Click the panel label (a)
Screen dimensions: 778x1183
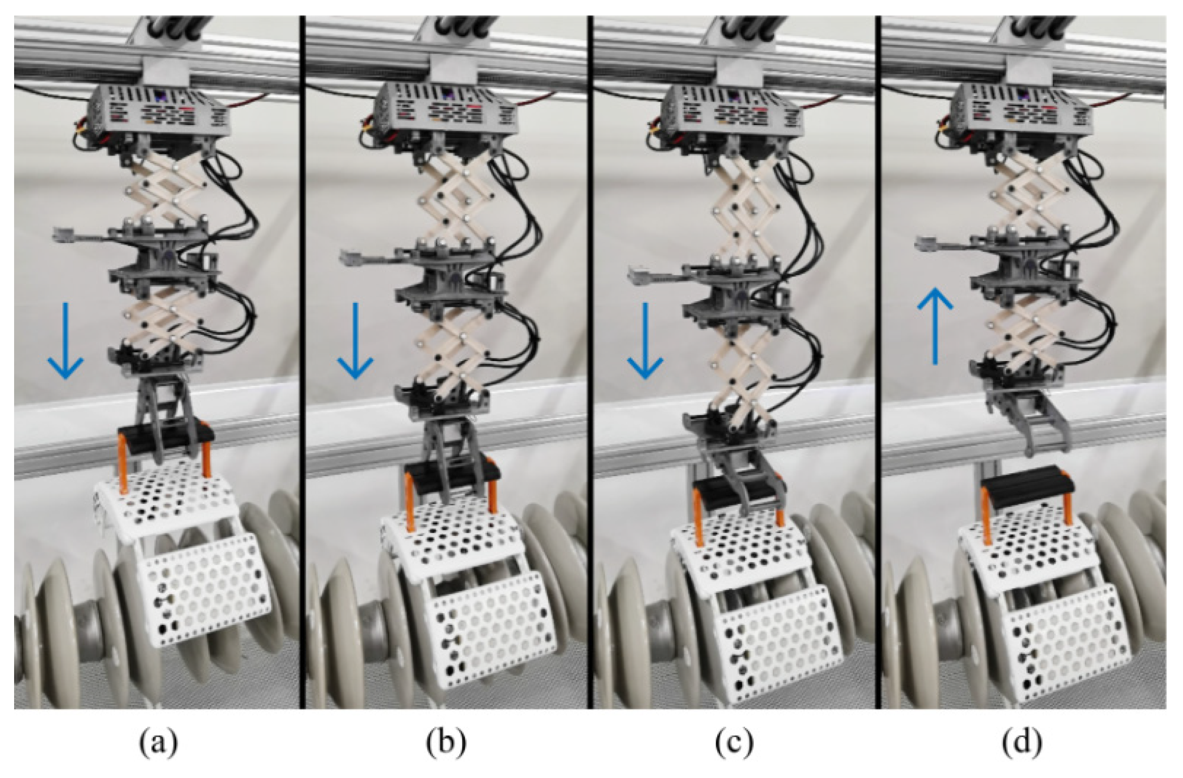(157, 744)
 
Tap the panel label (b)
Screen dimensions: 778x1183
(446, 744)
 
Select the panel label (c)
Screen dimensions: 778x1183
(734, 744)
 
